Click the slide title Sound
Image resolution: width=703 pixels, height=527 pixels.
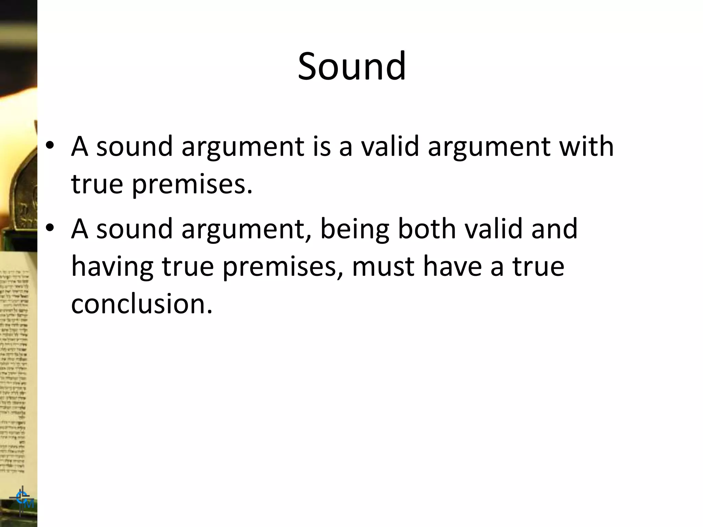(x=351, y=66)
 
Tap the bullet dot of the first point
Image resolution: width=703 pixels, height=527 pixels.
(x=50, y=145)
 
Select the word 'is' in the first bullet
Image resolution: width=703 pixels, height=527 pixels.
(x=322, y=146)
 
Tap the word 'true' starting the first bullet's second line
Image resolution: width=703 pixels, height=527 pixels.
(x=97, y=184)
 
